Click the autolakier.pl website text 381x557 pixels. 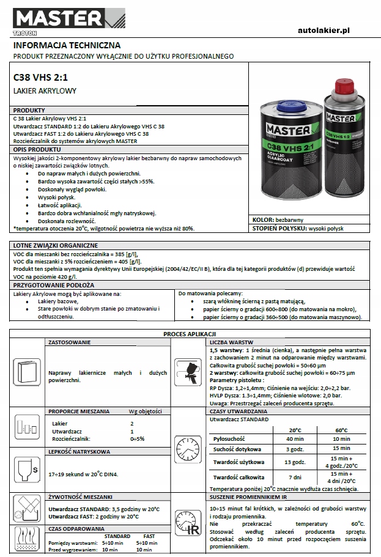point(331,30)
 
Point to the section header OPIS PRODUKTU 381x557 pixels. point(37,149)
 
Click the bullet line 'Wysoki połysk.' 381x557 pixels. point(56,197)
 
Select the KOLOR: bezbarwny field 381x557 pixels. point(278,219)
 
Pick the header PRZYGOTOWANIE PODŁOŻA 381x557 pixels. point(54,285)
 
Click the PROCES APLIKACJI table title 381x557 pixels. point(190,333)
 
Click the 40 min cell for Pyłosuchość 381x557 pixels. point(295,439)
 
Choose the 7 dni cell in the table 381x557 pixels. point(295,476)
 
